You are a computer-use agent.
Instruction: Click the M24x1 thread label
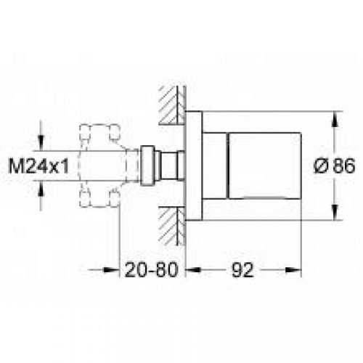tap(38, 166)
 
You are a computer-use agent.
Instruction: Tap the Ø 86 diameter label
tap(335, 166)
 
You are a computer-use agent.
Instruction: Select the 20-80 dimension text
tap(151, 270)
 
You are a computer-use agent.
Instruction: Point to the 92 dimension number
tap(242, 270)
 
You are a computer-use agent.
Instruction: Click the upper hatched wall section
tap(172, 105)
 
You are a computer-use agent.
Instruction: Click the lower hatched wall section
tap(172, 227)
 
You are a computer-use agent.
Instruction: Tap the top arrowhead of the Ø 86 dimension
tap(335, 119)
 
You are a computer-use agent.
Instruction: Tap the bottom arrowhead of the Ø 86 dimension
tap(335, 212)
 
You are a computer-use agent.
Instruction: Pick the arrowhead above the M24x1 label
tap(41, 143)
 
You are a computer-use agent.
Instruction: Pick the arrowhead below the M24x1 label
tap(41, 188)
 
